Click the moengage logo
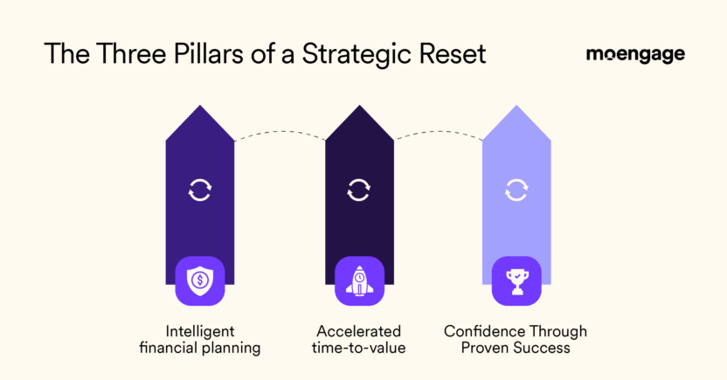[x=635, y=54]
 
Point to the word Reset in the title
[x=451, y=54]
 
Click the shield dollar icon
[x=200, y=281]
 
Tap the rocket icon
[x=358, y=281]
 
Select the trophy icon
[x=516, y=281]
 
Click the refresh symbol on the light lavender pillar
[x=516, y=190]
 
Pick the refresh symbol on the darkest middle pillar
[x=358, y=190]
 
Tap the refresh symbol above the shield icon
[x=200, y=190]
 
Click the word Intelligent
[x=200, y=332]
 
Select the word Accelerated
[x=358, y=332]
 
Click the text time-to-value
[x=358, y=349]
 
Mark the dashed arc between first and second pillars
[x=279, y=133]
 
